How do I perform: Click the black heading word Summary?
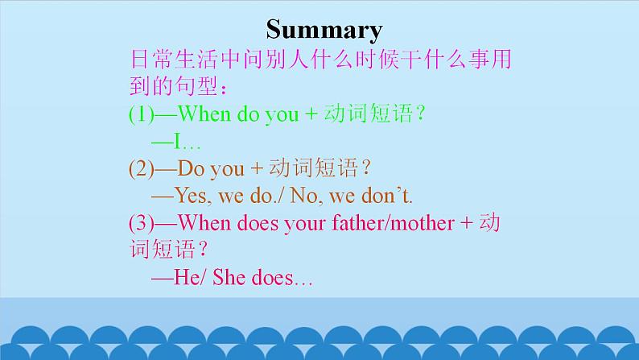[324, 30]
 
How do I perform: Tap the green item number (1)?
[142, 114]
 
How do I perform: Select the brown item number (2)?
[142, 168]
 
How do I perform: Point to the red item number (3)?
[142, 223]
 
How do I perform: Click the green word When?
[204, 114]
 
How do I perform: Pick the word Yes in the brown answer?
[193, 196]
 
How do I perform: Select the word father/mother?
[393, 222]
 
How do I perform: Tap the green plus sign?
[311, 114]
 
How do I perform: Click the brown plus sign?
[257, 168]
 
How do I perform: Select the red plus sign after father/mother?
[467, 223]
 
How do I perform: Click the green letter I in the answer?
[178, 141]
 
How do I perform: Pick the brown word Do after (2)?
[191, 168]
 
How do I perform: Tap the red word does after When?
[258, 222]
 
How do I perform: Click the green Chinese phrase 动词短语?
[369, 113]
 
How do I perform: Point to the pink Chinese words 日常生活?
[174, 59]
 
